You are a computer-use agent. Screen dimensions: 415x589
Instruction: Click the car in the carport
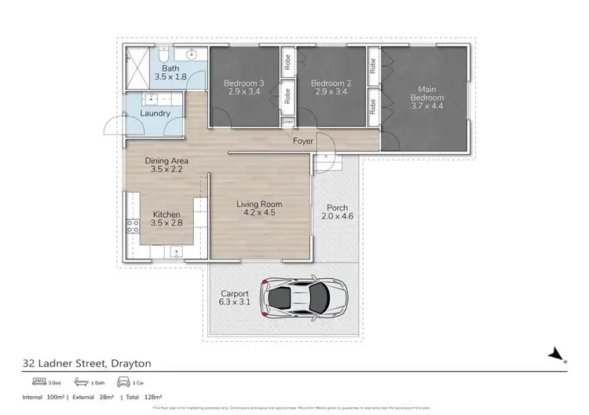(x=307, y=297)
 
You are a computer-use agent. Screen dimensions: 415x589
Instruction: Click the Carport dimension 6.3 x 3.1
(x=234, y=302)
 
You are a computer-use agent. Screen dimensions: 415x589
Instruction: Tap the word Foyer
(x=302, y=141)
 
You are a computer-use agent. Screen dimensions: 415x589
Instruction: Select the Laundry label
(x=155, y=113)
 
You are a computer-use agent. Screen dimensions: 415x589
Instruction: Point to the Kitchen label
(x=166, y=215)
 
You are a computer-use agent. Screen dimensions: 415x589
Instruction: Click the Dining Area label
(x=166, y=161)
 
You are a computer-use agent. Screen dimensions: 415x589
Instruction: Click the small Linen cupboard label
(x=288, y=123)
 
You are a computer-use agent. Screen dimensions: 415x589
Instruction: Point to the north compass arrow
(x=557, y=354)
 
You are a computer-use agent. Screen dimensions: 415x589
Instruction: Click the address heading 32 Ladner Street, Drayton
(x=86, y=363)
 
